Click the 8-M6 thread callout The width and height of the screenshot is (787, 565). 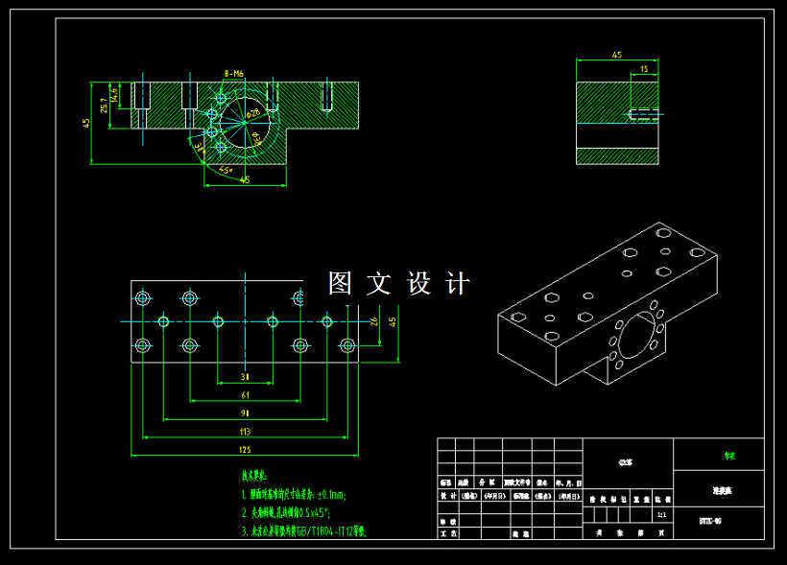(x=233, y=73)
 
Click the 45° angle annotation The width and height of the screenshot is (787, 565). (x=225, y=171)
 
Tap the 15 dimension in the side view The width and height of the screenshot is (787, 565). (x=642, y=69)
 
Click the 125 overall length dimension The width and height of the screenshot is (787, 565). (x=245, y=450)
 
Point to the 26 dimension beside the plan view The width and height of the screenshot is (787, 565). (x=373, y=320)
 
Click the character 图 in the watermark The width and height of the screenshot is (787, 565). (x=341, y=283)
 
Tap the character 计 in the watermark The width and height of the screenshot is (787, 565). (x=459, y=283)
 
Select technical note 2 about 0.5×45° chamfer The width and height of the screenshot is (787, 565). (x=297, y=513)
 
